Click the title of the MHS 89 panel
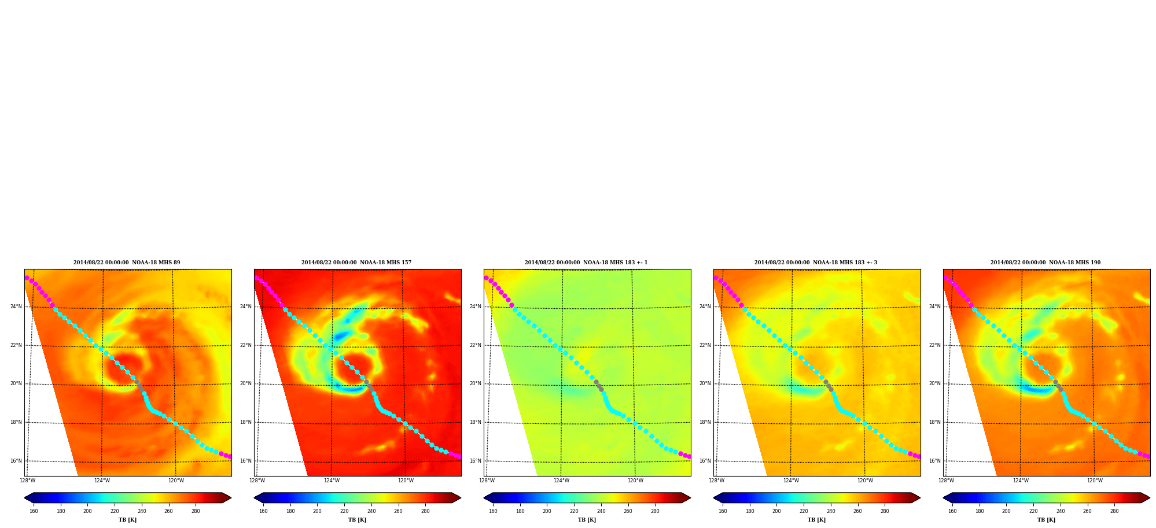click(x=127, y=263)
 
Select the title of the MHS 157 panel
click(x=356, y=263)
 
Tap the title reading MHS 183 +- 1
click(x=586, y=263)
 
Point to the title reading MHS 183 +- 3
click(x=816, y=263)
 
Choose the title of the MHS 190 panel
click(x=1045, y=263)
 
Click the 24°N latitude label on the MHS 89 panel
click(x=16, y=307)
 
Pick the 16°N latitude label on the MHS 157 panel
click(x=245, y=461)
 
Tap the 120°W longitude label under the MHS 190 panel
click(x=1095, y=481)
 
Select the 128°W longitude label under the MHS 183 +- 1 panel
click(x=487, y=481)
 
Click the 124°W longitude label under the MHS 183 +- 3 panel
click(x=791, y=481)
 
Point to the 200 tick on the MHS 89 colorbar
click(x=87, y=511)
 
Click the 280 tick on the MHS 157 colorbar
click(x=425, y=511)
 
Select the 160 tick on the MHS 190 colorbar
click(x=952, y=511)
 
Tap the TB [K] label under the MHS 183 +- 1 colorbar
click(x=587, y=520)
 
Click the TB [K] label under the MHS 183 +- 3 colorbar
click(x=816, y=520)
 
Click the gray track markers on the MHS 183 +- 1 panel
click(x=598, y=385)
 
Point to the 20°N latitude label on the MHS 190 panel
click(x=934, y=383)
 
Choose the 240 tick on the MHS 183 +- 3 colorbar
click(x=831, y=511)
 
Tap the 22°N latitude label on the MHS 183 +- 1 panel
click(x=475, y=345)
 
